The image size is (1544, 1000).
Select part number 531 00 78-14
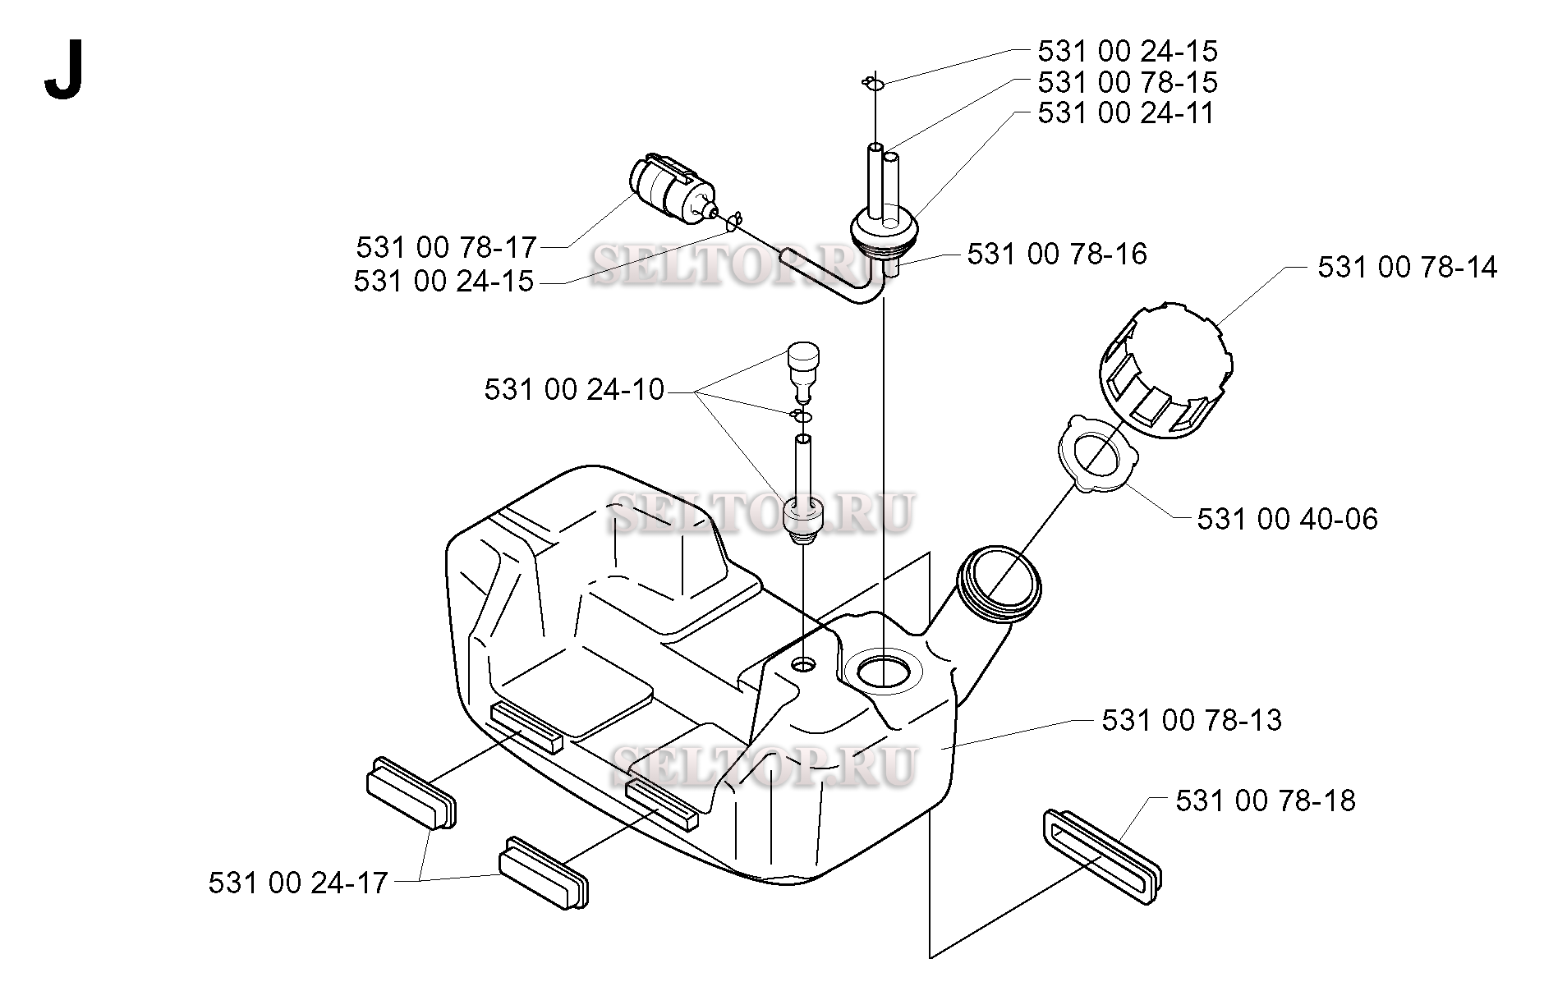[1407, 268]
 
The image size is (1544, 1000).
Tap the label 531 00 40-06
[1287, 519]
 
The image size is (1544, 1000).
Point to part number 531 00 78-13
[1191, 720]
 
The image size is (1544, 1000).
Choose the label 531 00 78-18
[1265, 800]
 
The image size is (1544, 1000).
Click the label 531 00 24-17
[298, 883]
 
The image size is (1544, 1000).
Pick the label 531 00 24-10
[574, 389]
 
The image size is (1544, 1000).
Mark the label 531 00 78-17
[446, 247]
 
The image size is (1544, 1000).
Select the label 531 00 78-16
[1056, 254]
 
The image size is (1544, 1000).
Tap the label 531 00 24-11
[1125, 112]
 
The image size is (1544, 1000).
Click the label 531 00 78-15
[1127, 82]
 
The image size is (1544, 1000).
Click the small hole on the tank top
[804, 663]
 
